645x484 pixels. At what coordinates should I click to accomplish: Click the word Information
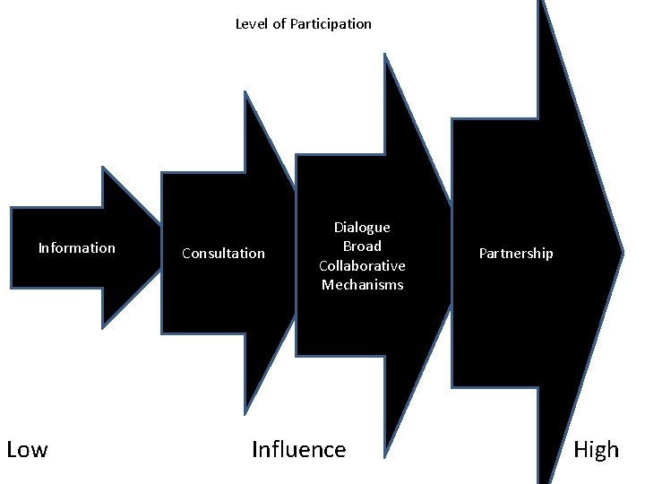76,248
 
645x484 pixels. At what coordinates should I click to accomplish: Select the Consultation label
223,254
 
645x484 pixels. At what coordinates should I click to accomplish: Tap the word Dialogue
362,228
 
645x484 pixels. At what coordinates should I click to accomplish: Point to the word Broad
362,246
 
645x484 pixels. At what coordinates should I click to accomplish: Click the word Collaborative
362,266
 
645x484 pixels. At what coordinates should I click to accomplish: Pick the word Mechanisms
362,285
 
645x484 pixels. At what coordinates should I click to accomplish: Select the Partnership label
516,254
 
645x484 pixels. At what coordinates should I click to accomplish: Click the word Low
27,449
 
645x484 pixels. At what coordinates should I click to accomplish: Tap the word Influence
298,449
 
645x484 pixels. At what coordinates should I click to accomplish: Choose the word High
596,449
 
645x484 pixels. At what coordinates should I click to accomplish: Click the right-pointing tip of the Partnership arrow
622,252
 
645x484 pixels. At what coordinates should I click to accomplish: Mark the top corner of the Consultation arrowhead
245,91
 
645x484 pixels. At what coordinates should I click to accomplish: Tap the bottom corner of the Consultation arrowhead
245,414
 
